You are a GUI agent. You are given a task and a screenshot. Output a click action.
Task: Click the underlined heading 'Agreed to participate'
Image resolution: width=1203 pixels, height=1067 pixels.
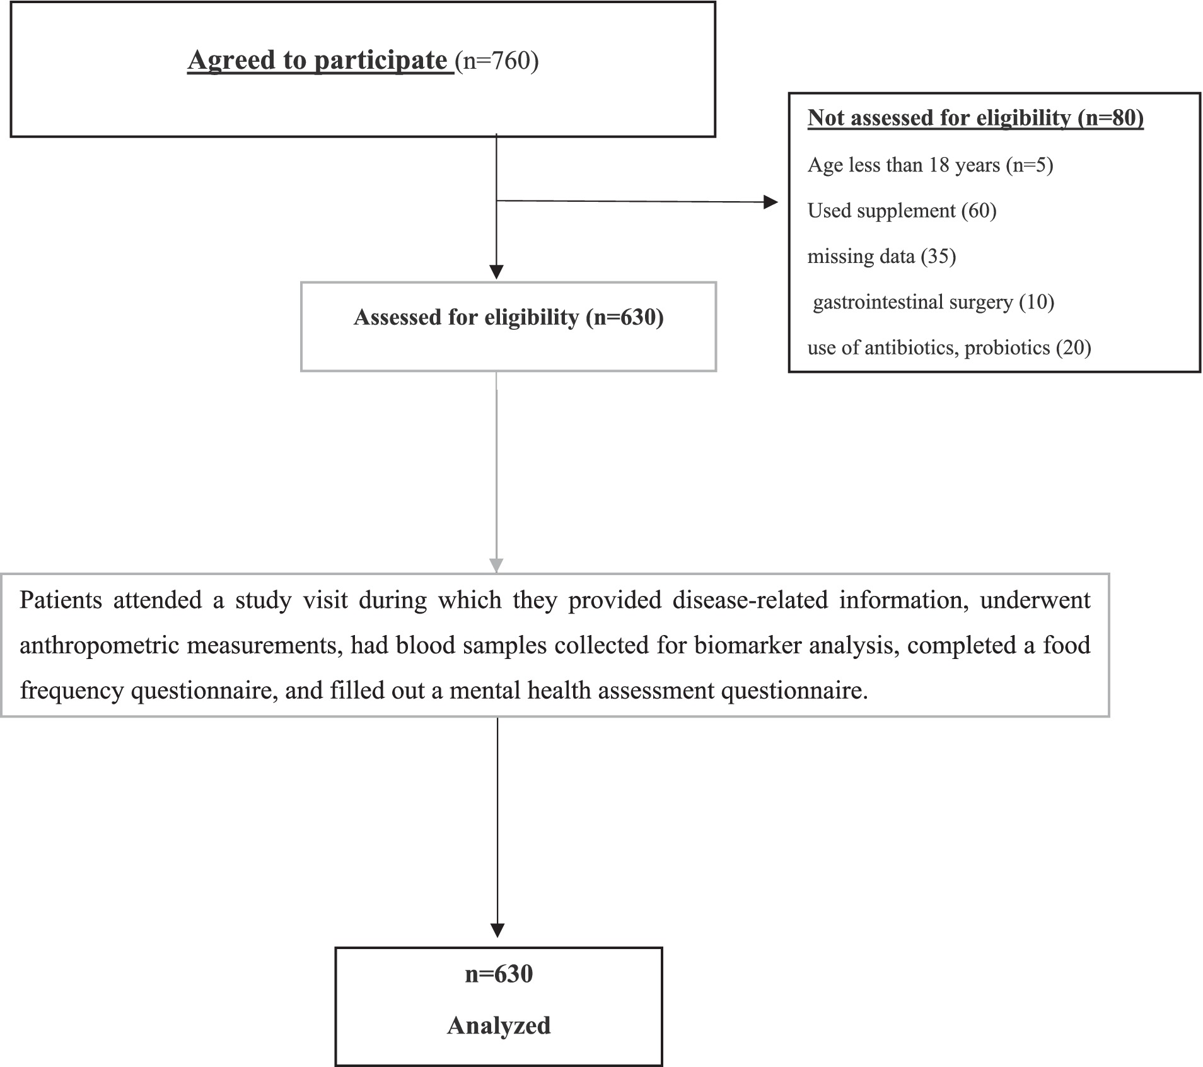318,61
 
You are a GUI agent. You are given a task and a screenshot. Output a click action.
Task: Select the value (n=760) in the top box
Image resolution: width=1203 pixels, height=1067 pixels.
497,61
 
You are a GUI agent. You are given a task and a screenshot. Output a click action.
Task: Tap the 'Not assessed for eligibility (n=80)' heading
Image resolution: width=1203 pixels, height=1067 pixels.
975,118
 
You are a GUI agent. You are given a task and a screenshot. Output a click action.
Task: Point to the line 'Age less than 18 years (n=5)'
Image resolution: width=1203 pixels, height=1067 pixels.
930,165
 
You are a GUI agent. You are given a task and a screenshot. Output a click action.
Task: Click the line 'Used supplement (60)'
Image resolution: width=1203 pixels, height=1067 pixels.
902,211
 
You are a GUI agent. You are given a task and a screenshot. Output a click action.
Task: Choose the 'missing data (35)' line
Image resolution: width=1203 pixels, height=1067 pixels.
881,257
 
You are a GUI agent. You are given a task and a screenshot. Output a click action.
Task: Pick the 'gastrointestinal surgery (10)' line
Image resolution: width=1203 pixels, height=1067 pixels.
933,302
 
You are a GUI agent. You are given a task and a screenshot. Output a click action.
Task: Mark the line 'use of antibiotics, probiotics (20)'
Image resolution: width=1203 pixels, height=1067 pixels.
949,348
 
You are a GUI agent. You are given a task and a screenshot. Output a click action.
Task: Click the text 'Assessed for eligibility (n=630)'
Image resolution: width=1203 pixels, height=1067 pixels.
508,317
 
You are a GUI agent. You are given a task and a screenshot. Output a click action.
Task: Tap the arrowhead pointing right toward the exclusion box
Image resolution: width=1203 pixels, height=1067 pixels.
770,202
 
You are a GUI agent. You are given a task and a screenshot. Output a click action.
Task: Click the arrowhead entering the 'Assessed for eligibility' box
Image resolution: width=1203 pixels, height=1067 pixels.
497,272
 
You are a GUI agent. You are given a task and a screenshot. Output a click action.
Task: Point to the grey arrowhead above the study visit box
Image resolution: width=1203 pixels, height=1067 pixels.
497,565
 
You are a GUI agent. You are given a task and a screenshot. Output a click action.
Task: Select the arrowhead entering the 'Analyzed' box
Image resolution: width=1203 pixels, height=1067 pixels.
497,930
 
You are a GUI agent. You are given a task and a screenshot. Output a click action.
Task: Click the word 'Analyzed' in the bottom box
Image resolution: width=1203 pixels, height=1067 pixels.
499,1025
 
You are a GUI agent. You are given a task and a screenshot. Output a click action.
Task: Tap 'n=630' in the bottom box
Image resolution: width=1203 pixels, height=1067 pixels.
499,974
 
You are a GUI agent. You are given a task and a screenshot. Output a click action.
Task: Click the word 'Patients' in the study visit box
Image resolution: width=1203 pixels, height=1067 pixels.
61,600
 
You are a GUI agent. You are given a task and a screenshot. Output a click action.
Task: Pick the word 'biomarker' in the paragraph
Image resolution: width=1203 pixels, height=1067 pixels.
737,646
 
